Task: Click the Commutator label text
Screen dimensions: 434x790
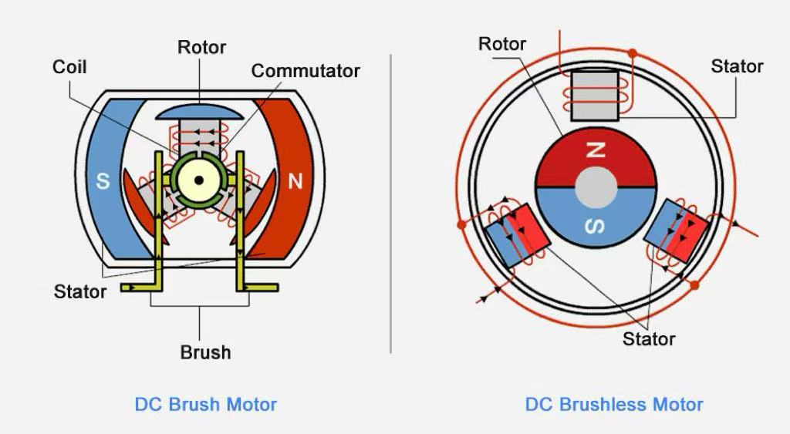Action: click(x=306, y=71)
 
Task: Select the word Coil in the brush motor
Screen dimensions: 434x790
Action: click(x=69, y=67)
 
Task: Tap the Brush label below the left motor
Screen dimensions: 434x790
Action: click(x=205, y=352)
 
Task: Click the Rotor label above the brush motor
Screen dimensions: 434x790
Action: click(x=201, y=47)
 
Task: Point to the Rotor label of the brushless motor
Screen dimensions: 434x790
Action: click(x=502, y=44)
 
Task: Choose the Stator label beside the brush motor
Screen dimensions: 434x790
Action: click(x=80, y=291)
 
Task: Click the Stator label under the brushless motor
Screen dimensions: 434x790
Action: click(x=649, y=338)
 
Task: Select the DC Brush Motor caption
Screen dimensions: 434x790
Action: click(x=205, y=404)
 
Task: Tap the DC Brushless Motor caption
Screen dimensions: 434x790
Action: click(x=614, y=404)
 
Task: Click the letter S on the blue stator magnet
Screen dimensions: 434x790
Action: click(x=103, y=182)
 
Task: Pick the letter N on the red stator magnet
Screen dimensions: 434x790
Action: click(x=295, y=182)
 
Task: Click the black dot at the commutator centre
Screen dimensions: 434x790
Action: click(x=199, y=180)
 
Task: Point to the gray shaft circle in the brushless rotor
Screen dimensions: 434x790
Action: click(x=596, y=187)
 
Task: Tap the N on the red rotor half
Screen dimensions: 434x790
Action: click(x=595, y=151)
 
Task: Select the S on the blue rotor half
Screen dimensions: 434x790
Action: click(x=596, y=226)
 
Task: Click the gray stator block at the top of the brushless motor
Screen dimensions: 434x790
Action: click(x=595, y=96)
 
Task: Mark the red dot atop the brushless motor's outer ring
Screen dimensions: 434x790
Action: click(x=632, y=53)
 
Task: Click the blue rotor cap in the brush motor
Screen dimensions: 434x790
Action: click(x=200, y=112)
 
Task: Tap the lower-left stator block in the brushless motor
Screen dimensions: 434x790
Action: click(x=517, y=236)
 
